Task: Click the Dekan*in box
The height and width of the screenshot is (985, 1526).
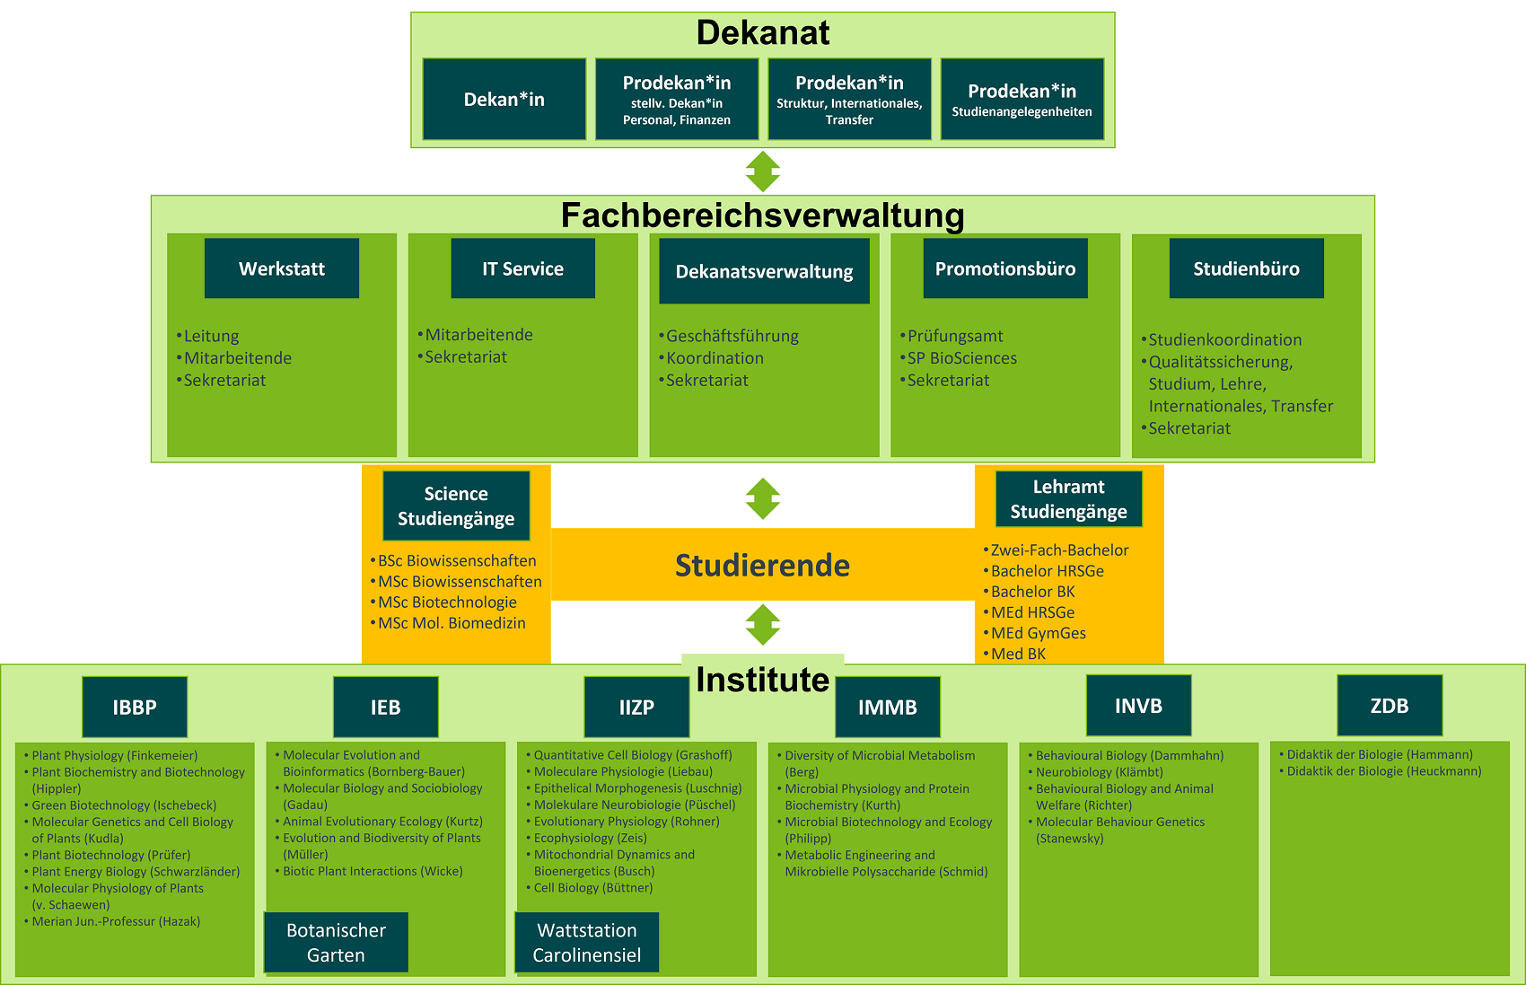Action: tap(504, 100)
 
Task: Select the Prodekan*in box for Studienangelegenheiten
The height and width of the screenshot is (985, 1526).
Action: tap(1022, 100)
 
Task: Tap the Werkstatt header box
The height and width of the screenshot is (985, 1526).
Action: tap(282, 268)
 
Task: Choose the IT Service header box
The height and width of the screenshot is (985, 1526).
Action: tap(522, 268)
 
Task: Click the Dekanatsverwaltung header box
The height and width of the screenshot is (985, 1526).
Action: tap(764, 271)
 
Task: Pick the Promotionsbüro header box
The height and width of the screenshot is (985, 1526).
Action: tap(1005, 268)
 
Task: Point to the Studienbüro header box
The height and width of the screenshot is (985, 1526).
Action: tap(1246, 268)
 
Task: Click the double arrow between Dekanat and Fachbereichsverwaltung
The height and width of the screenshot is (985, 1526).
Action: tap(763, 171)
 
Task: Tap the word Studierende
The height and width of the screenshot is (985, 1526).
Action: tap(762, 565)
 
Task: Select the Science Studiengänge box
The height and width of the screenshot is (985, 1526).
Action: tap(456, 506)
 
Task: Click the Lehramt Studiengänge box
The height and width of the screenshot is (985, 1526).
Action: tap(1068, 499)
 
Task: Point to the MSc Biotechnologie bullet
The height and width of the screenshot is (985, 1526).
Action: tap(447, 602)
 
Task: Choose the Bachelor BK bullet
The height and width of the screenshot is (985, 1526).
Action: tap(1032, 592)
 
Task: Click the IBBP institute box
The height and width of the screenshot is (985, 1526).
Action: tap(135, 708)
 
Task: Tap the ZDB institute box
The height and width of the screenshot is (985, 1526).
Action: tap(1389, 706)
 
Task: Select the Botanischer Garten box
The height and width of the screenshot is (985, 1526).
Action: tap(336, 943)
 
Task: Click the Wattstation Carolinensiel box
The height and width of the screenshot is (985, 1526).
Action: tap(587, 943)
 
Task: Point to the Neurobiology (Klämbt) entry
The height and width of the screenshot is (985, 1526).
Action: tap(1099, 772)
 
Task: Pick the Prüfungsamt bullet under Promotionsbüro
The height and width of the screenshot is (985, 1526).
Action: tap(955, 336)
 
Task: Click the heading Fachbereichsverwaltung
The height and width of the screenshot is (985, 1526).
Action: tap(762, 215)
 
